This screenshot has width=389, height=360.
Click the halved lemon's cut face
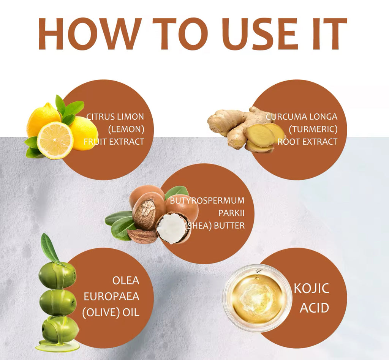click(x=55, y=140)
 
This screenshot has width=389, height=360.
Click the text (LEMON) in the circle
click(x=126, y=129)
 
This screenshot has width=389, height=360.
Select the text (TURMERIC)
click(x=313, y=129)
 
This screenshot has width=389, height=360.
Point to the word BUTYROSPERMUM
click(x=207, y=201)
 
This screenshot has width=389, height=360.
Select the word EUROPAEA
click(x=111, y=297)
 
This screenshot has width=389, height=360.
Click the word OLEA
click(x=126, y=281)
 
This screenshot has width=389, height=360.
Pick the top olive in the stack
click(x=57, y=275)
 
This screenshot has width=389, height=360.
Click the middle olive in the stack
click(x=58, y=302)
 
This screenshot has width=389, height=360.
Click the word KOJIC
click(x=312, y=288)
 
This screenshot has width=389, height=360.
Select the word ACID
click(x=314, y=308)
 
